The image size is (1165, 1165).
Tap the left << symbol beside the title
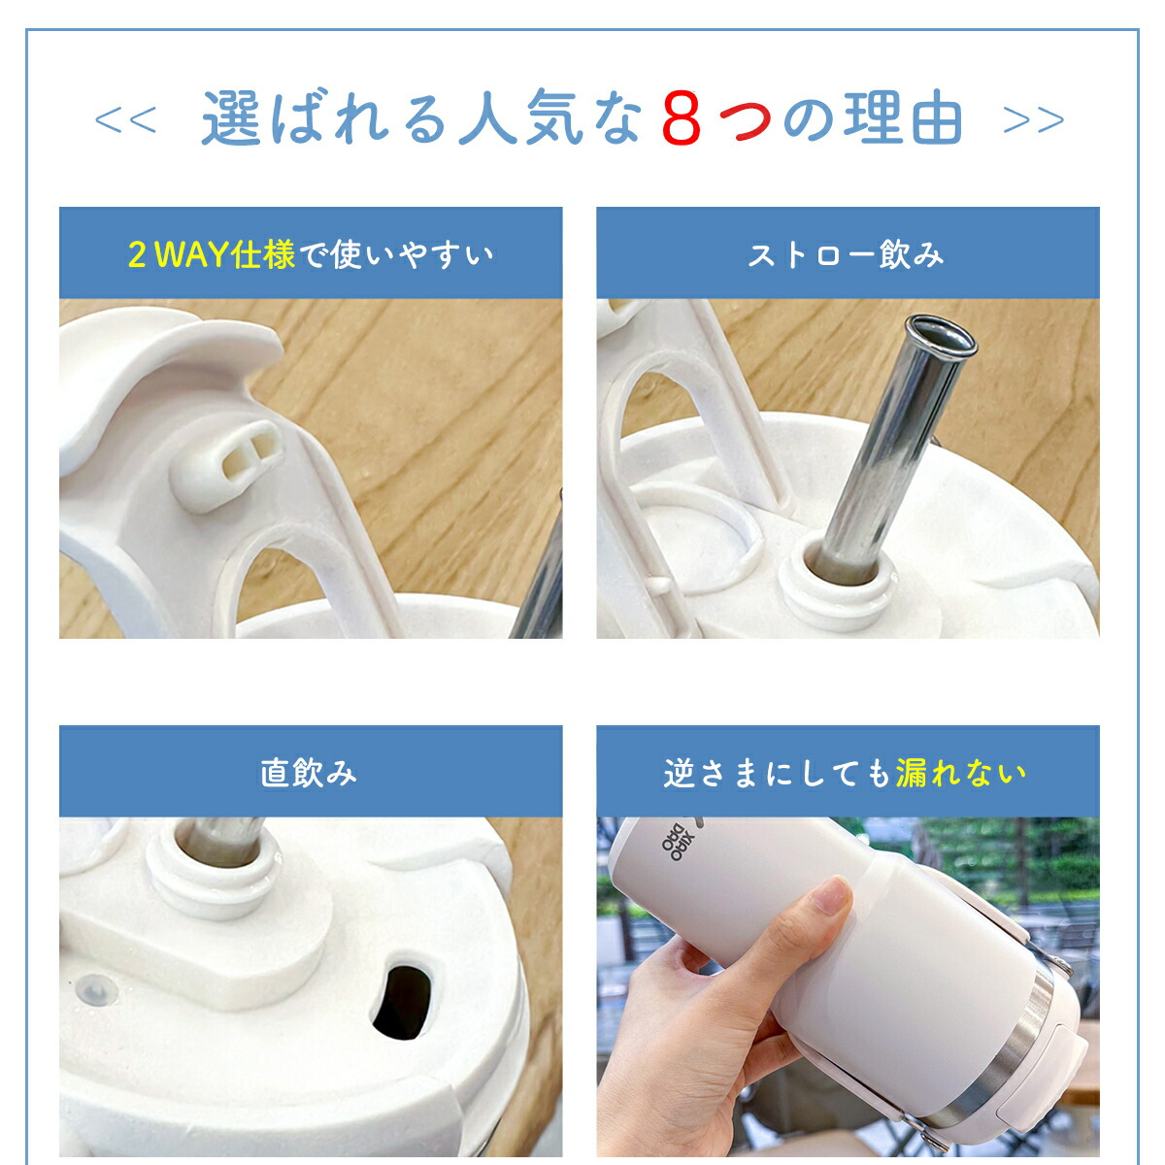coord(126,119)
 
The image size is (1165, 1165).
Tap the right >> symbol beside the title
coord(1033,119)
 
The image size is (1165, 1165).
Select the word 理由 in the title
coord(902,118)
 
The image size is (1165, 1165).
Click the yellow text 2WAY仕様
coord(212,254)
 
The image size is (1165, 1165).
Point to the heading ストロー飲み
coord(847,254)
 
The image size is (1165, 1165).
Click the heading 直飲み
coord(309,773)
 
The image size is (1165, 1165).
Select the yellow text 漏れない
coord(961,773)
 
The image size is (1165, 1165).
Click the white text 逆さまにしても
coord(778,773)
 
